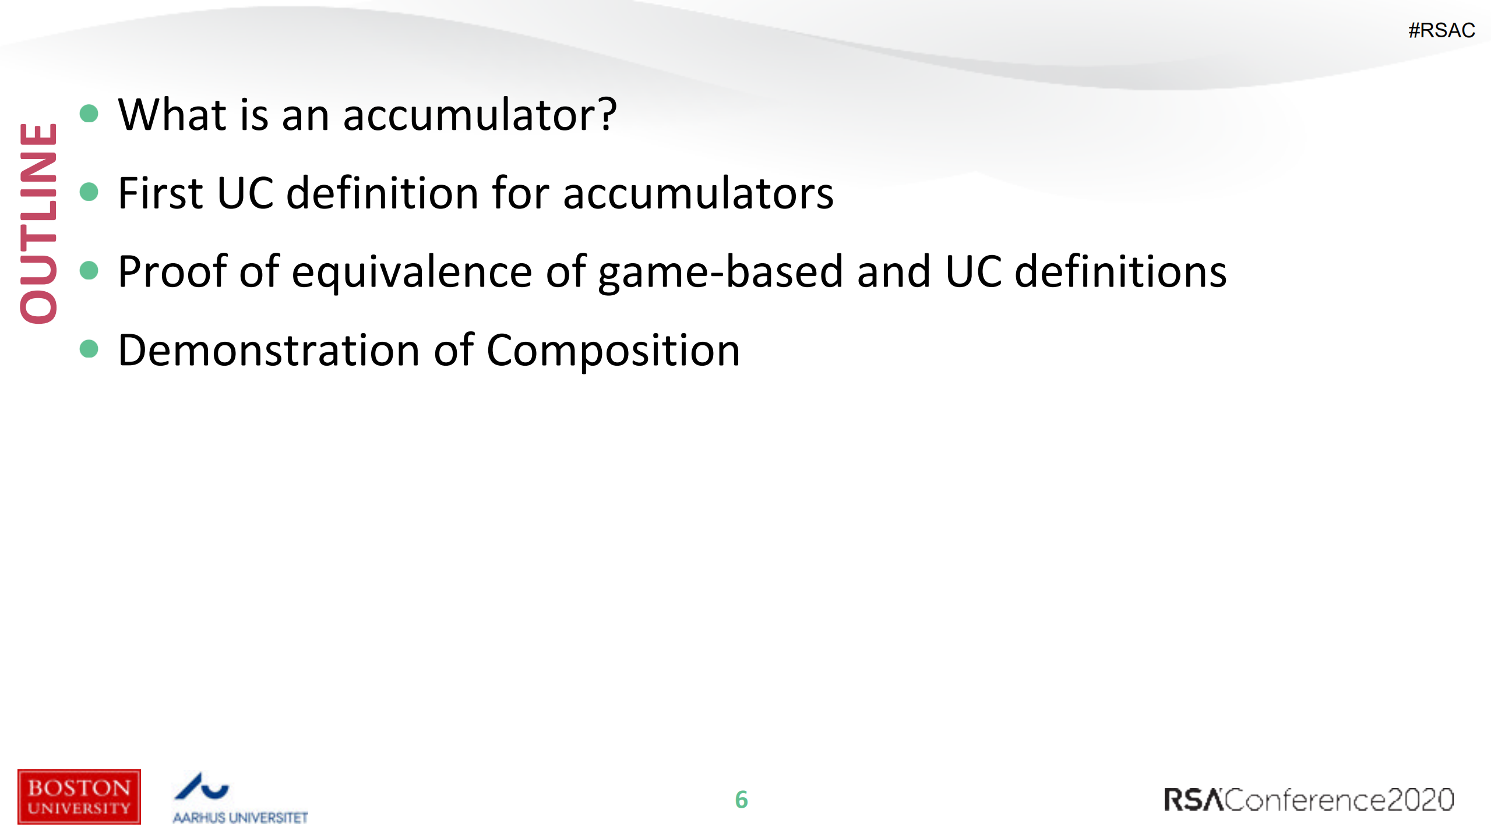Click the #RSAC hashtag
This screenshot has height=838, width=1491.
tap(1441, 30)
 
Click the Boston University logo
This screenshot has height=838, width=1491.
tap(79, 797)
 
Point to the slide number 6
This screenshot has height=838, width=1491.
tap(741, 800)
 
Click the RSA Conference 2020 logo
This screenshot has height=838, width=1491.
tap(1309, 800)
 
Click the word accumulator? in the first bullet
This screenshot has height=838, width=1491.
tap(480, 115)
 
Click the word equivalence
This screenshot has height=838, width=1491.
tap(412, 272)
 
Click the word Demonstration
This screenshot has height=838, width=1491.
tap(269, 351)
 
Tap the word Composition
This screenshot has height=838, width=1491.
tap(613, 351)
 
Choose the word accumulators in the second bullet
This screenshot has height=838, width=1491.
tap(698, 193)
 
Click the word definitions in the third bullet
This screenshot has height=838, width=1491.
tap(1120, 272)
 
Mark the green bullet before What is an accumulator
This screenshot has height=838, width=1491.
tap(89, 114)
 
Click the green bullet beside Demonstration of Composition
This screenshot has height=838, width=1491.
tap(89, 349)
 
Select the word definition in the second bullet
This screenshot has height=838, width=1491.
tap(382, 193)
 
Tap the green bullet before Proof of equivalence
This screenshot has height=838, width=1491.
tap(89, 270)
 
